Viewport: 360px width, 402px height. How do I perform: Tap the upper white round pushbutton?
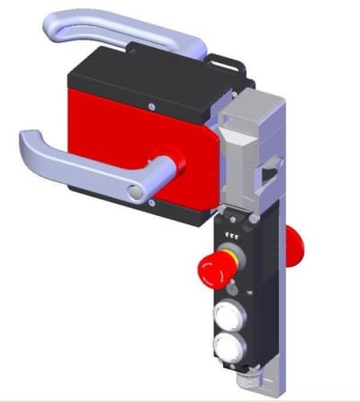point(229,316)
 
